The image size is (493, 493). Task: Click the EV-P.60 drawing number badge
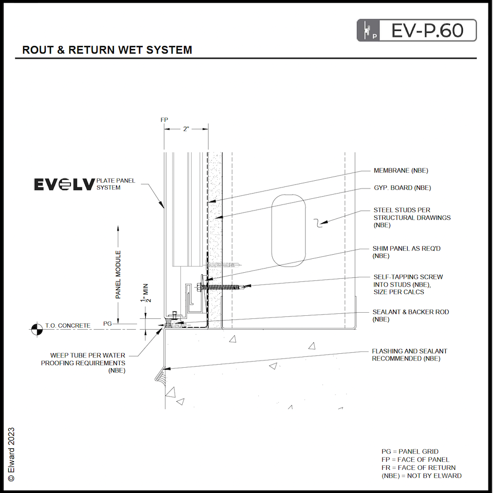tap(416, 30)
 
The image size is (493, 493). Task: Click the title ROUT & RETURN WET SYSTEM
tap(107, 50)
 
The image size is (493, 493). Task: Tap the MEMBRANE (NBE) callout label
tap(401, 170)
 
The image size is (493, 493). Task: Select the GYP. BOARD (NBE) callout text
tap(402, 188)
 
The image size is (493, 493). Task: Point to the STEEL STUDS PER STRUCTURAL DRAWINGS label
tap(412, 217)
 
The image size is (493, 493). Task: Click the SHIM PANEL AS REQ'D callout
tap(407, 252)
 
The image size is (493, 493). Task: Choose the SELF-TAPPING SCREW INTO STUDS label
tap(408, 284)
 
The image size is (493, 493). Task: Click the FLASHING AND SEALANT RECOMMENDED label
tap(409, 355)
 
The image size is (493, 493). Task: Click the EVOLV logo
tap(64, 184)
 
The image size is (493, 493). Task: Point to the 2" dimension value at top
tap(186, 129)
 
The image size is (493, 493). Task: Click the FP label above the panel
tap(164, 120)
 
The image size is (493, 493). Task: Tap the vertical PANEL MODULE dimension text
tap(118, 275)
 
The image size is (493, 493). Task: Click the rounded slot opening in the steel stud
tap(289, 231)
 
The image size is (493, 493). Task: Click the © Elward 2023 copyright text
tap(11, 454)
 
